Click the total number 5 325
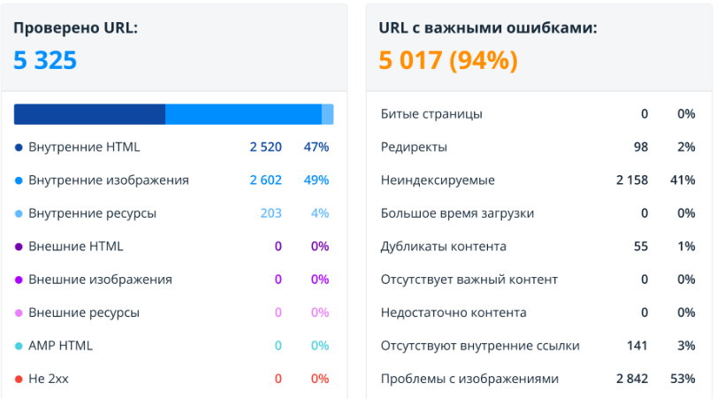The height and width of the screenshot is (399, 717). (45, 60)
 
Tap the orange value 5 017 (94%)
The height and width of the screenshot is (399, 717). (448, 60)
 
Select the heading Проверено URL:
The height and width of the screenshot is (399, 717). (75, 28)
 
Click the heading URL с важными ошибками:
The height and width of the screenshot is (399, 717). (488, 28)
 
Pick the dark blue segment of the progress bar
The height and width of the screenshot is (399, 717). (89, 114)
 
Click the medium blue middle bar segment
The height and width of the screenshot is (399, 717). (243, 114)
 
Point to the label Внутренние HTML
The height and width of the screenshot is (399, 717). (84, 147)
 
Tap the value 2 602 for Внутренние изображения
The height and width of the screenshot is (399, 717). (265, 180)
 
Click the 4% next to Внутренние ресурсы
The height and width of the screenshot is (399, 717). (319, 213)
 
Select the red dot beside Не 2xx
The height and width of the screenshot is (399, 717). (19, 379)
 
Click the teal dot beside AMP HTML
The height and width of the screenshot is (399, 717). (19, 346)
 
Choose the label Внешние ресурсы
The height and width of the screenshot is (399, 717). (84, 312)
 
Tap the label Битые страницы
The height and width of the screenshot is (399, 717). (431, 114)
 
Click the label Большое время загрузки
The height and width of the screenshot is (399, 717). (457, 213)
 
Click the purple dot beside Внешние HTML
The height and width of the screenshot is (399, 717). (19, 246)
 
